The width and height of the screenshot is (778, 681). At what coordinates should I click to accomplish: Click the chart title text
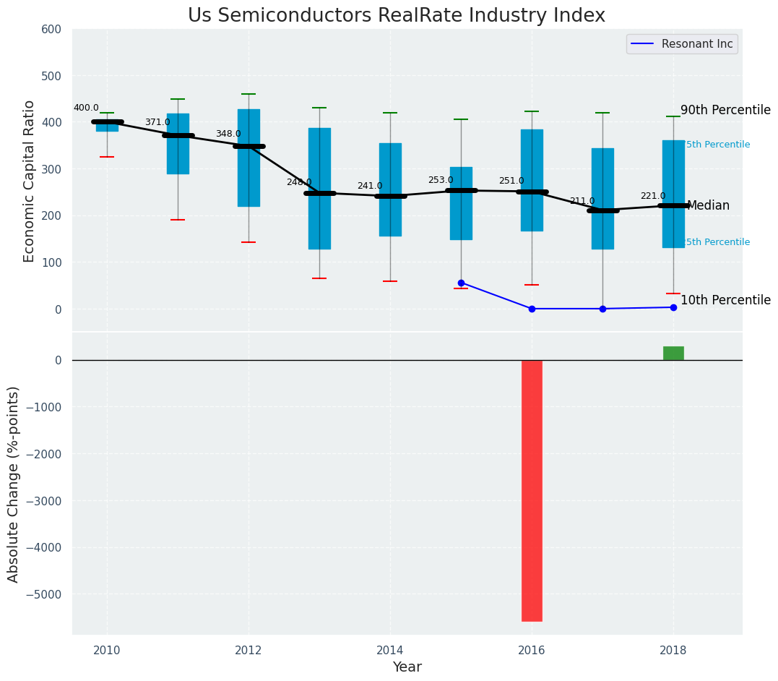[x=397, y=16]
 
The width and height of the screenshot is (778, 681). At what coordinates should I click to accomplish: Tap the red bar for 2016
[x=532, y=490]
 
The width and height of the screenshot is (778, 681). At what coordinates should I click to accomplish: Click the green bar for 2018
[x=673, y=354]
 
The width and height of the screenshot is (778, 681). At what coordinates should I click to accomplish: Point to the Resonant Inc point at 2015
[x=461, y=283]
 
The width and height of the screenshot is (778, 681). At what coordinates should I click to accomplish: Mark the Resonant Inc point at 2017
[x=602, y=309]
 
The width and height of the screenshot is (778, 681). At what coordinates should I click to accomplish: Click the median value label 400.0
[x=86, y=108]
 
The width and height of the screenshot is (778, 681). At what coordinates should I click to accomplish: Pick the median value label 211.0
[x=582, y=202]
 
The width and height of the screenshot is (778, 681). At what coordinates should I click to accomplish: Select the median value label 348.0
[x=228, y=134]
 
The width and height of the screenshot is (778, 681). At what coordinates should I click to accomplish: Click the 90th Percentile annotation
[x=725, y=111]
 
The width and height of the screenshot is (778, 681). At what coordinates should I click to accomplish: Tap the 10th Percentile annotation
[x=725, y=301]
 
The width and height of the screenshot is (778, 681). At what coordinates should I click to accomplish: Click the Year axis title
[x=407, y=667]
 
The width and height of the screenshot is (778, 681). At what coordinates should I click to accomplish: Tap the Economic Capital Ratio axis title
[x=30, y=181]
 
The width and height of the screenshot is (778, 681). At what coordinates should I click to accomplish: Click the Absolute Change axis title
[x=14, y=484]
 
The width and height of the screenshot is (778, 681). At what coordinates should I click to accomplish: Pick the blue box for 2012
[x=248, y=158]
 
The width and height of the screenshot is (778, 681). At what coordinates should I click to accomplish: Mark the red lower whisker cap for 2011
[x=178, y=220]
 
